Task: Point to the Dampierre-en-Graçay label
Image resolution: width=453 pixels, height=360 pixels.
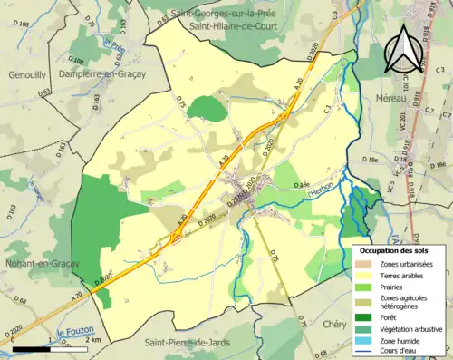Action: tap(101, 73)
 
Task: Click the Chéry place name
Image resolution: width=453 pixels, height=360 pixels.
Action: tap(333, 324)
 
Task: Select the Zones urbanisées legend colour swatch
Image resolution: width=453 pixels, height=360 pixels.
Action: tap(363, 263)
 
